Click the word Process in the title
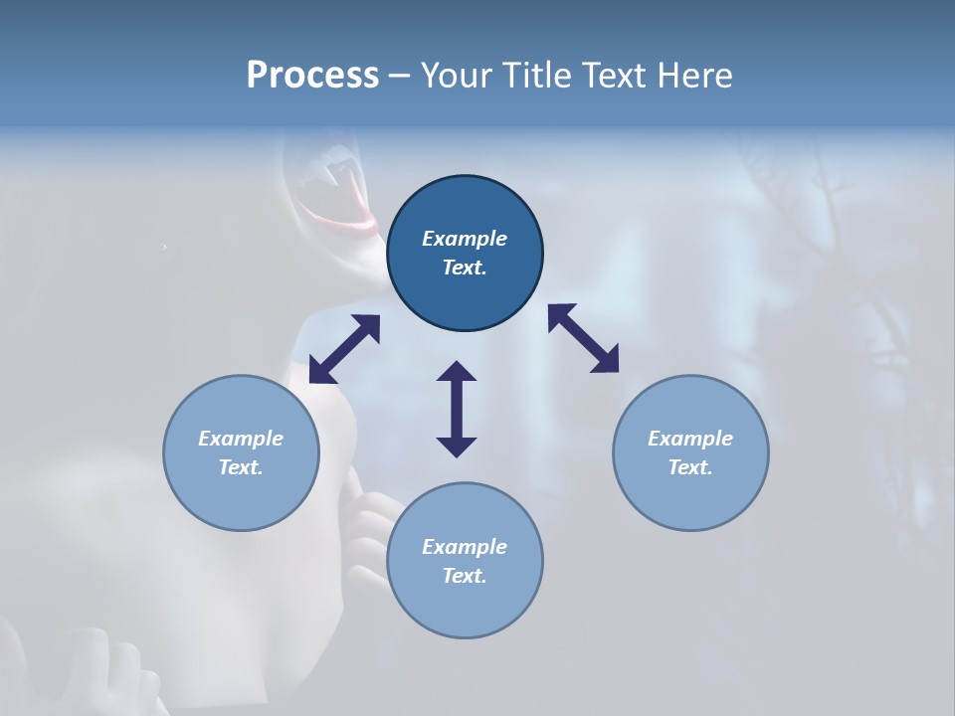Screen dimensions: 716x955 (x=312, y=76)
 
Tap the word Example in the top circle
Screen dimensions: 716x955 (x=465, y=239)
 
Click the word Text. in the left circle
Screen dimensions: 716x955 (x=241, y=467)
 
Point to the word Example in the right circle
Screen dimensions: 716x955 (x=690, y=439)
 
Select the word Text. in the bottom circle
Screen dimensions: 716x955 (x=465, y=576)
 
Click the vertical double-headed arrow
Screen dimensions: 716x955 (x=457, y=409)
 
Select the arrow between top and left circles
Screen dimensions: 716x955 (x=344, y=349)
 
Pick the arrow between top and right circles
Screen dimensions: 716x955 (x=583, y=338)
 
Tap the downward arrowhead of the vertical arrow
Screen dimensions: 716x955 (x=457, y=445)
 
